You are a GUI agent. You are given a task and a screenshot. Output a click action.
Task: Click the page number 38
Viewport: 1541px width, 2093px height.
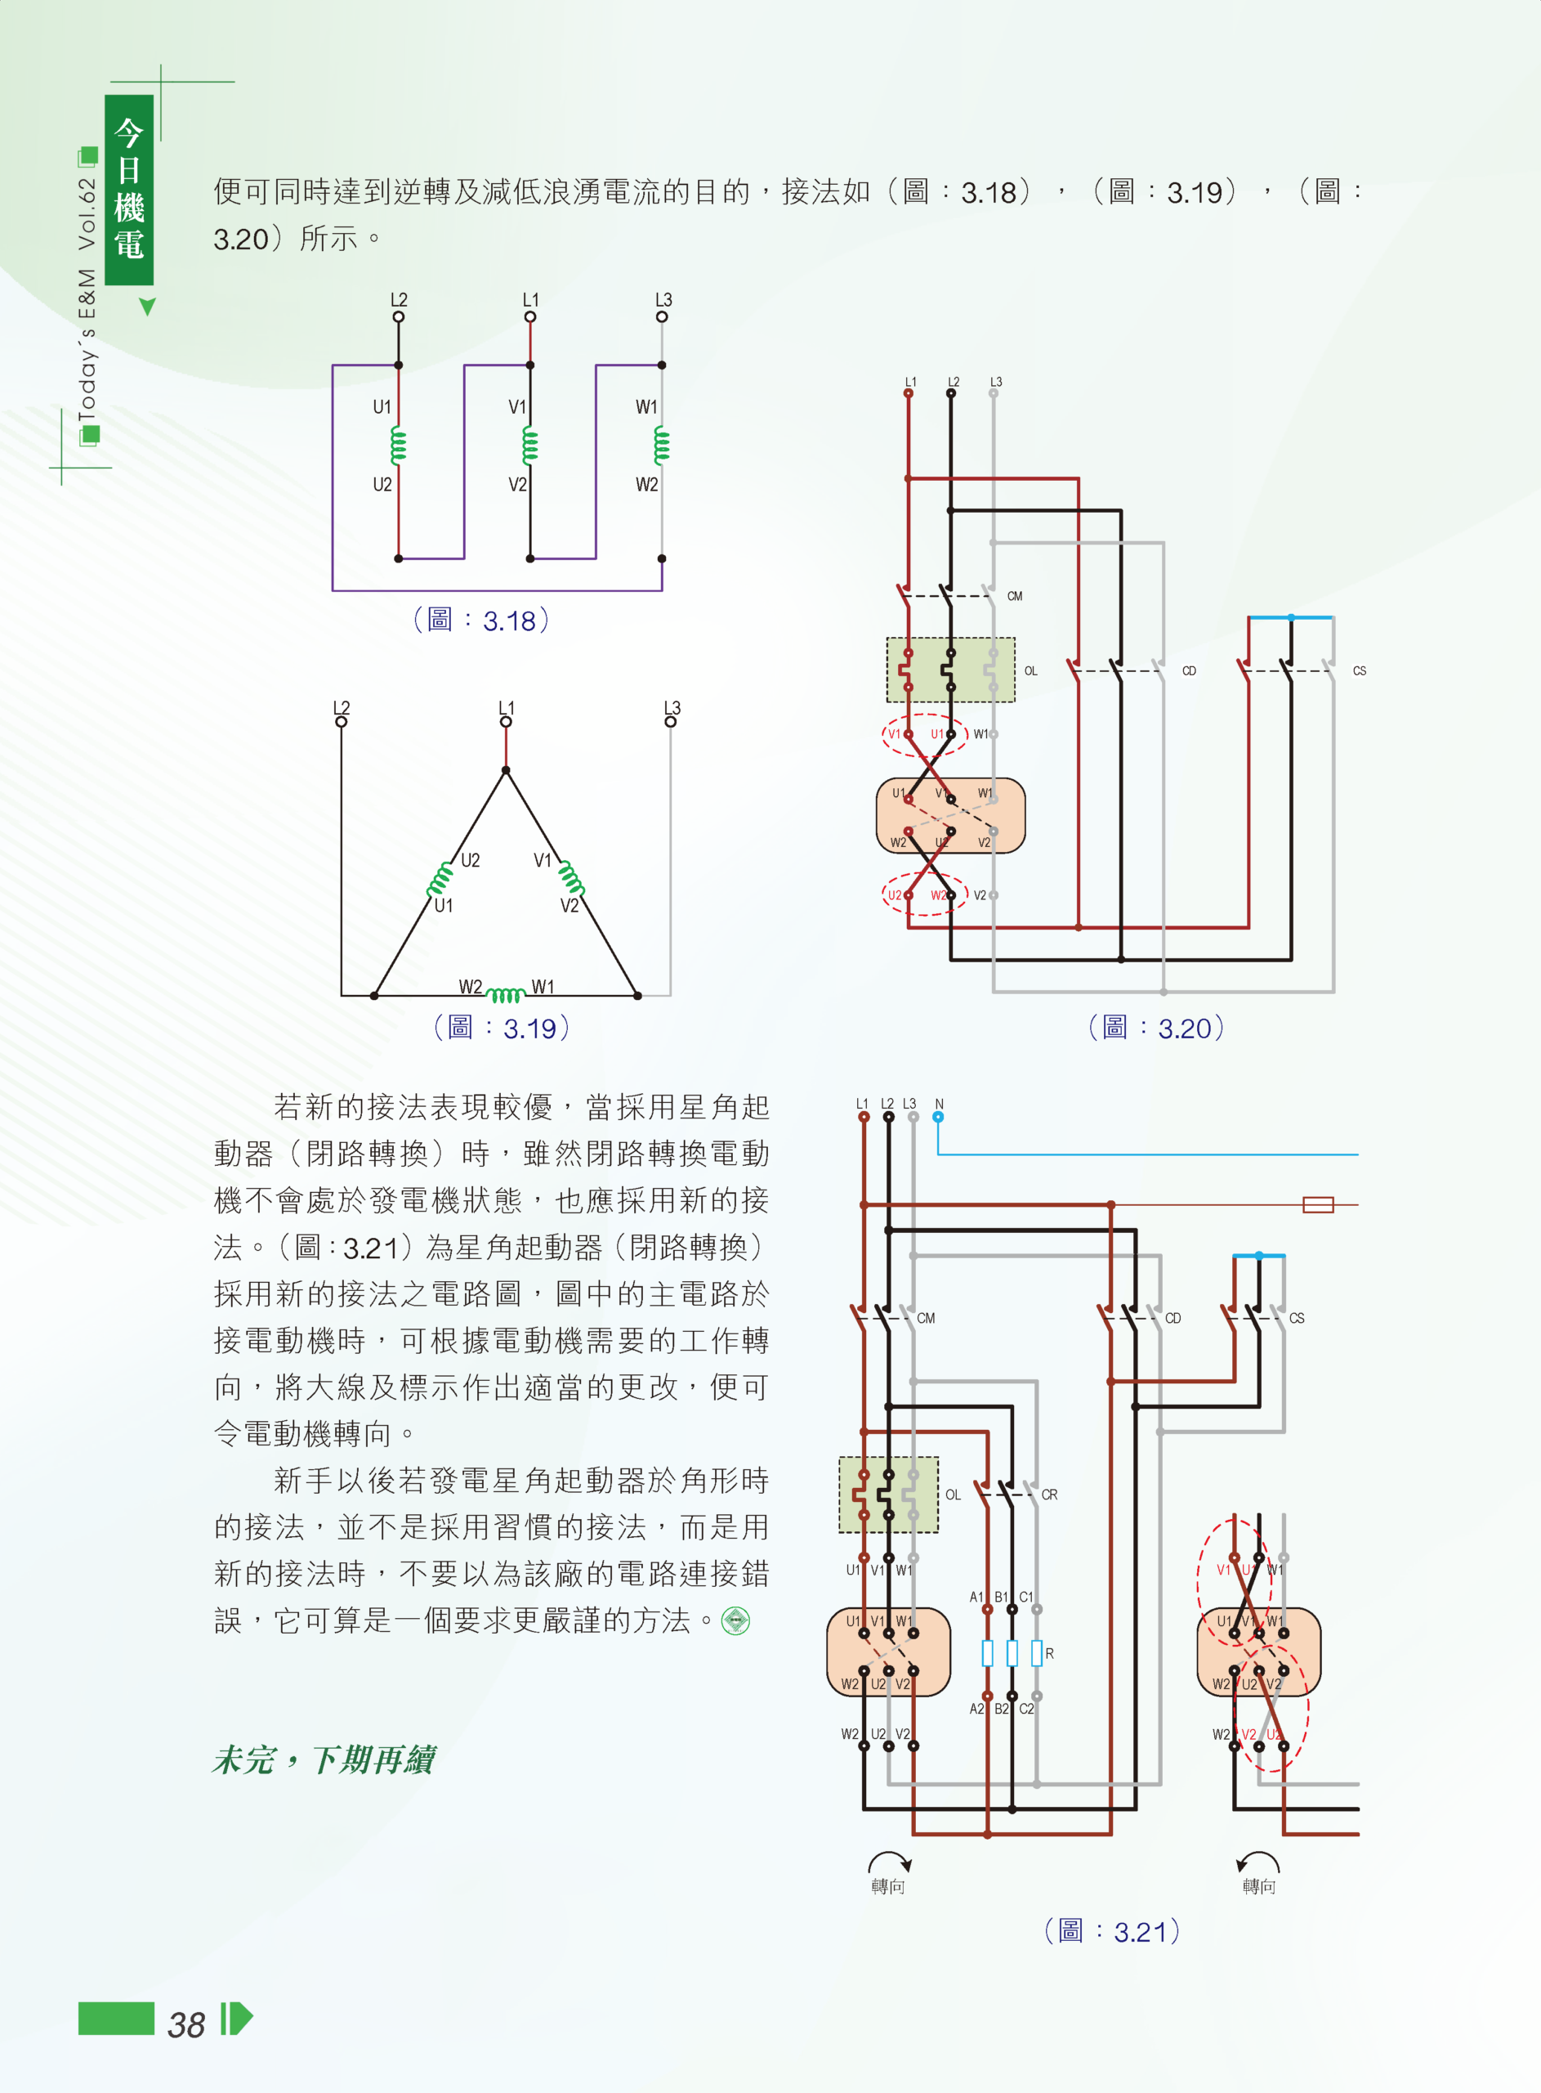tap(185, 2024)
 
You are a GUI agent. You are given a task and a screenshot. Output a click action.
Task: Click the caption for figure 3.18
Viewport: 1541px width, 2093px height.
tap(480, 621)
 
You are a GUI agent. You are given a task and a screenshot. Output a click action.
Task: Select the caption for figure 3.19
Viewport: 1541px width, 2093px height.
tap(501, 1028)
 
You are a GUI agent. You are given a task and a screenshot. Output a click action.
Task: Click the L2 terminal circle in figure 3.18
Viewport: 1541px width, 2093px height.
tap(398, 316)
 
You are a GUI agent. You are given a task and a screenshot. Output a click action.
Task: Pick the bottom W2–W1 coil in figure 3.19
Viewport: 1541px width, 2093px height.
tap(506, 995)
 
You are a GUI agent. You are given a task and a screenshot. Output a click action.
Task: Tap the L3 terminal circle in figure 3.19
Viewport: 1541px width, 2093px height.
tap(671, 721)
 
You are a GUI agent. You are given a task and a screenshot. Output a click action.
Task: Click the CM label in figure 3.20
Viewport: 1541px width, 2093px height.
tap(1015, 596)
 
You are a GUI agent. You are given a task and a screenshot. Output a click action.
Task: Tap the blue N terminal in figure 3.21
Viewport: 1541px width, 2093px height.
tap(938, 1117)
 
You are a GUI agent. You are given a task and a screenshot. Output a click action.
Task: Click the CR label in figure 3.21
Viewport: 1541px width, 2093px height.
tap(1049, 1495)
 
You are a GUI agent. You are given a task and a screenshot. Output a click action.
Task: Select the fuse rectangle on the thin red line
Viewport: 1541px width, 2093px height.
tap(1318, 1204)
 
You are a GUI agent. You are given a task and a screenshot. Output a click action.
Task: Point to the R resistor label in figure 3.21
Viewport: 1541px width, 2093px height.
tap(1049, 1653)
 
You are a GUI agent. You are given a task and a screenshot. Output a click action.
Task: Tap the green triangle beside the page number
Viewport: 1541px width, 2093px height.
tap(242, 2019)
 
